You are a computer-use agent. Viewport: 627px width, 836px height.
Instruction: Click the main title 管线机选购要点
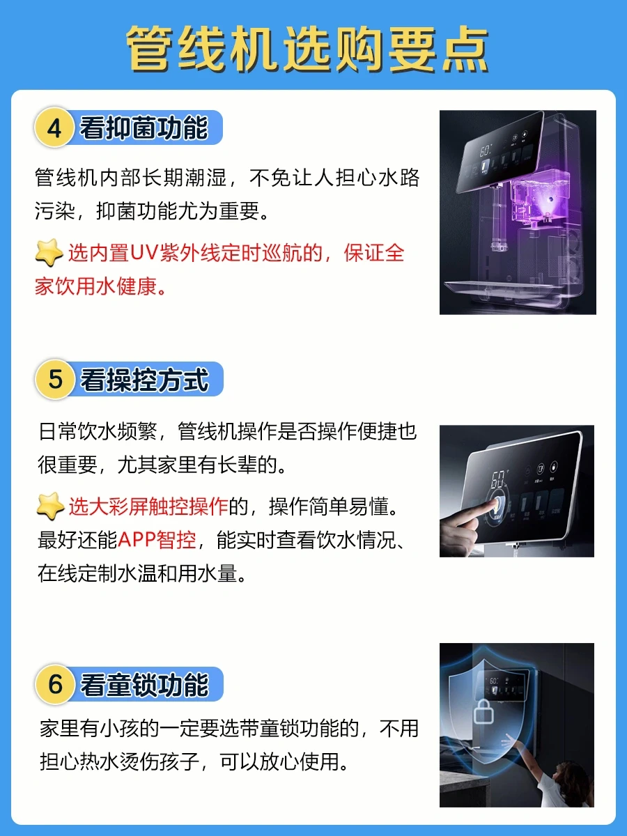point(307,49)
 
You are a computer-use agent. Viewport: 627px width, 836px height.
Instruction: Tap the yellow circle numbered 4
point(54,127)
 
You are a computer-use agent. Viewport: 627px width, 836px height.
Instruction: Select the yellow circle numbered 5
point(54,380)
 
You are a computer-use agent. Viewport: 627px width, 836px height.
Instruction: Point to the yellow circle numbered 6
point(54,684)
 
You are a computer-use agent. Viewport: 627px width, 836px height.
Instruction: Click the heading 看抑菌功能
point(144,127)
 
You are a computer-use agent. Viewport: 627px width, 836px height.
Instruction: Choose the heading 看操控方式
point(144,380)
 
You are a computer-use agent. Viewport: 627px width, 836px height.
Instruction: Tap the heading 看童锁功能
point(144,684)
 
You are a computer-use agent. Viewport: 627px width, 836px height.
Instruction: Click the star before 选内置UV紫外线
point(49,252)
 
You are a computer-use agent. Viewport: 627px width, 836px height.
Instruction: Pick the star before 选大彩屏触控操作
point(50,506)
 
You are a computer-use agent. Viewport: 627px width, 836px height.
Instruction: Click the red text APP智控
point(157,539)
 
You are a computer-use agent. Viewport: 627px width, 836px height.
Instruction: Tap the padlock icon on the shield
point(483,712)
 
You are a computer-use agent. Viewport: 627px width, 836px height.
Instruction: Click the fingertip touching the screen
point(495,504)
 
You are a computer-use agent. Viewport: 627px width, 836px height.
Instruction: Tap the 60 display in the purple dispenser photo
point(485,150)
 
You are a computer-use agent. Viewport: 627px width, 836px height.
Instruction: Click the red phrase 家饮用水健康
point(96,286)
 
